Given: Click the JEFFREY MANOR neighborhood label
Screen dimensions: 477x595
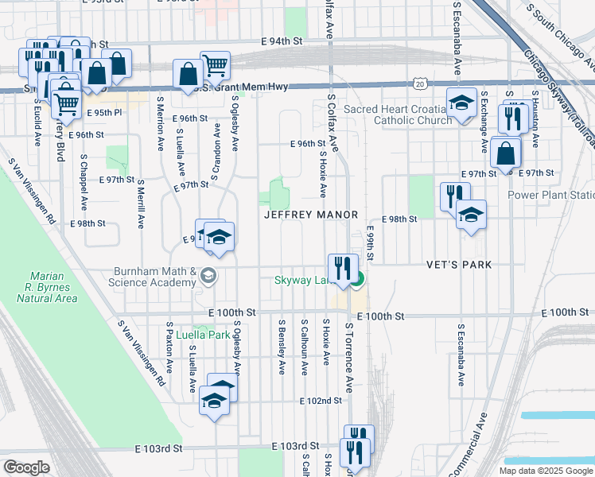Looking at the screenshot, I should (311, 215).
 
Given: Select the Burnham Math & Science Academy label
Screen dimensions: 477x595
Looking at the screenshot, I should (154, 277).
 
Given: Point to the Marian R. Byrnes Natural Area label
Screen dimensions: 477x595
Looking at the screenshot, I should (45, 287).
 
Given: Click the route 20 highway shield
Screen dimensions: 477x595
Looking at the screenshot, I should (420, 83).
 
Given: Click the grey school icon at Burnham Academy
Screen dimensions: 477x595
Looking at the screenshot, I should (208, 276).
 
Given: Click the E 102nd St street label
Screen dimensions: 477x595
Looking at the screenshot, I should (321, 401).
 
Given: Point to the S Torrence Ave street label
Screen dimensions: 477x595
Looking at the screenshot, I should (348, 357).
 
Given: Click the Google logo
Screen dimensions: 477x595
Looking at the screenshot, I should (25, 467).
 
